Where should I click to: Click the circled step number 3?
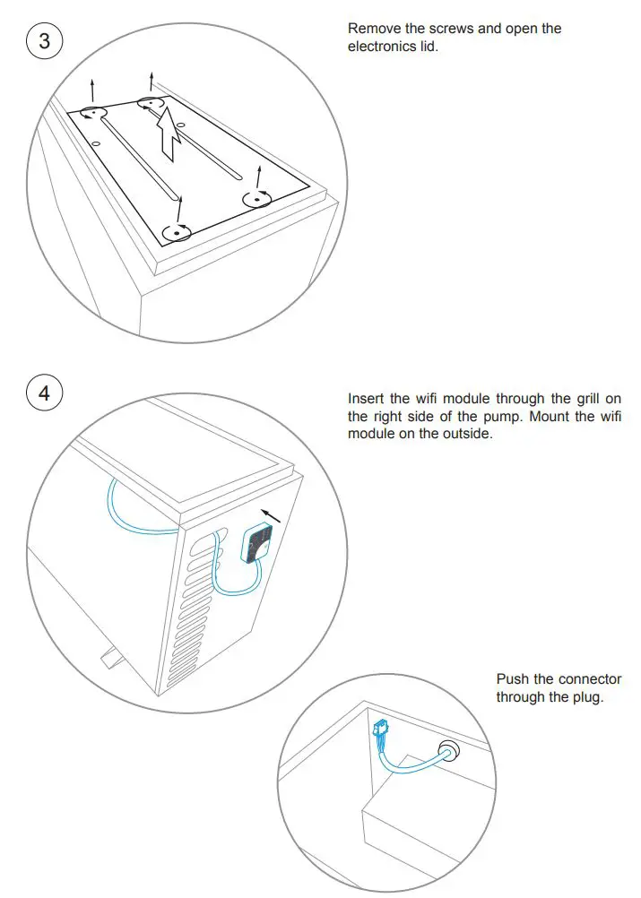[x=44, y=41]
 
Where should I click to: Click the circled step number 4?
[x=44, y=393]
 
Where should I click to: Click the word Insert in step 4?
[x=366, y=399]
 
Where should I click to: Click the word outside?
[x=469, y=434]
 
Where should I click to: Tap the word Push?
[x=513, y=679]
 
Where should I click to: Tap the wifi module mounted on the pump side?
[x=260, y=542]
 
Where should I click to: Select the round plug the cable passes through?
[x=447, y=750]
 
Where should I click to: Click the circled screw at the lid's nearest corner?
[x=178, y=233]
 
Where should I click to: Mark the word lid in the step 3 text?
[x=429, y=46]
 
